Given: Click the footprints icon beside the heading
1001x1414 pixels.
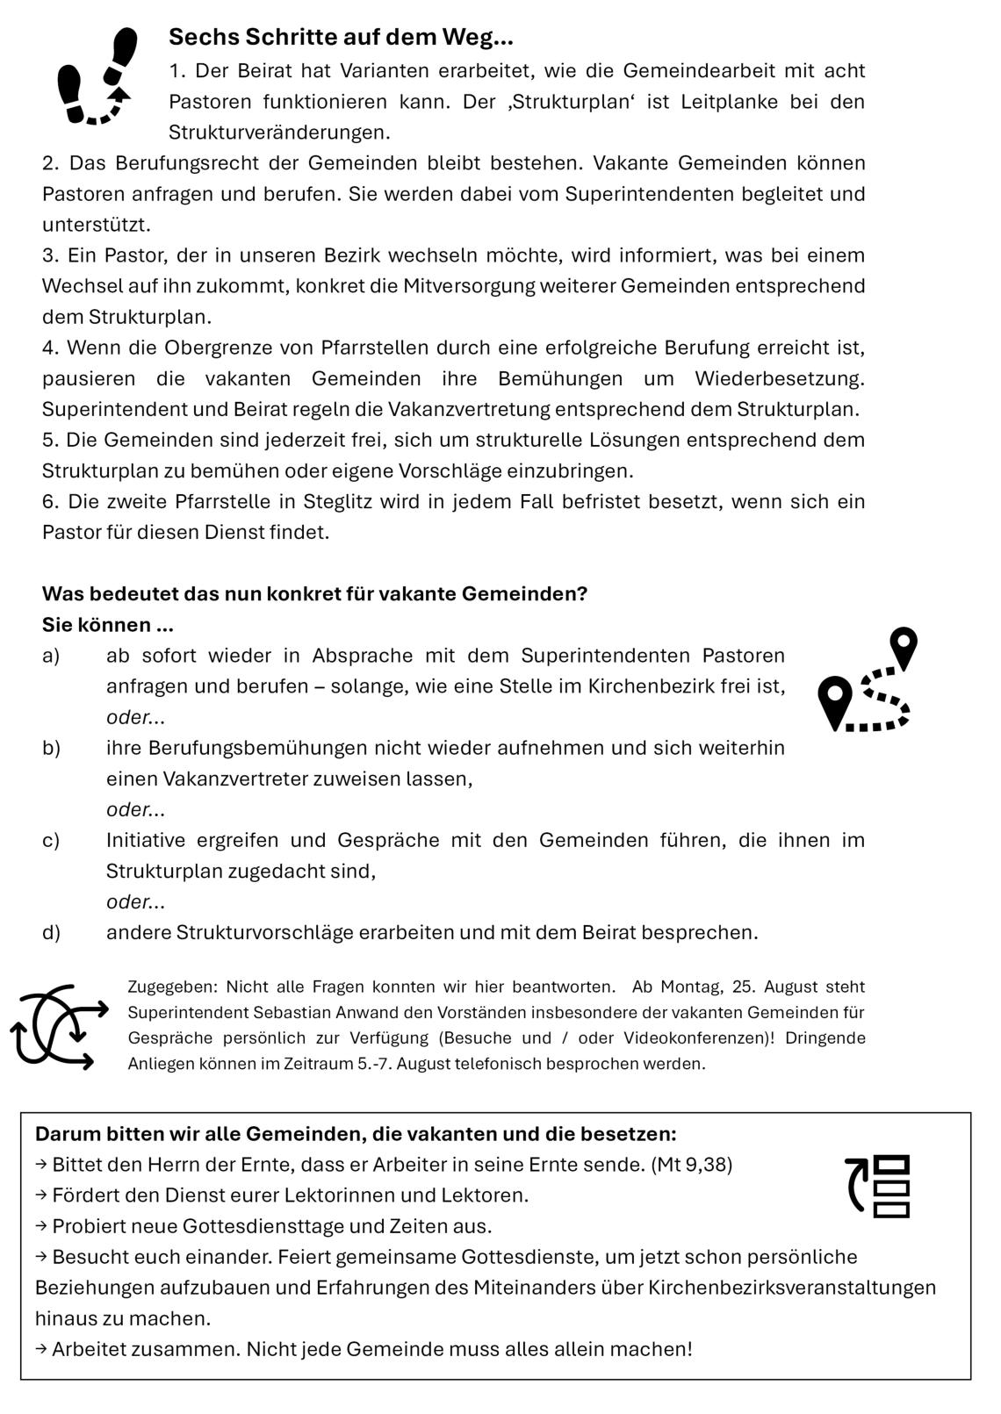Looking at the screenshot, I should (x=98, y=76).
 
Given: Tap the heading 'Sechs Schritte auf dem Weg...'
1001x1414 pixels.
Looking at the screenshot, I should (x=341, y=37).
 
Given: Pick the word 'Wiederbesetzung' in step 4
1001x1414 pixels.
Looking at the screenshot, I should (x=779, y=378).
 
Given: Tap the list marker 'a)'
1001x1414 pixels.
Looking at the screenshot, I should (x=51, y=656).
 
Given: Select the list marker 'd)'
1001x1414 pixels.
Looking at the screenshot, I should (x=51, y=932).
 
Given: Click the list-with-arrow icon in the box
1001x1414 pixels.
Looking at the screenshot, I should (x=878, y=1186).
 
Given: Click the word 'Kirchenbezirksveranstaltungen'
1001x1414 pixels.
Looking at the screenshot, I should (x=793, y=1288).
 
